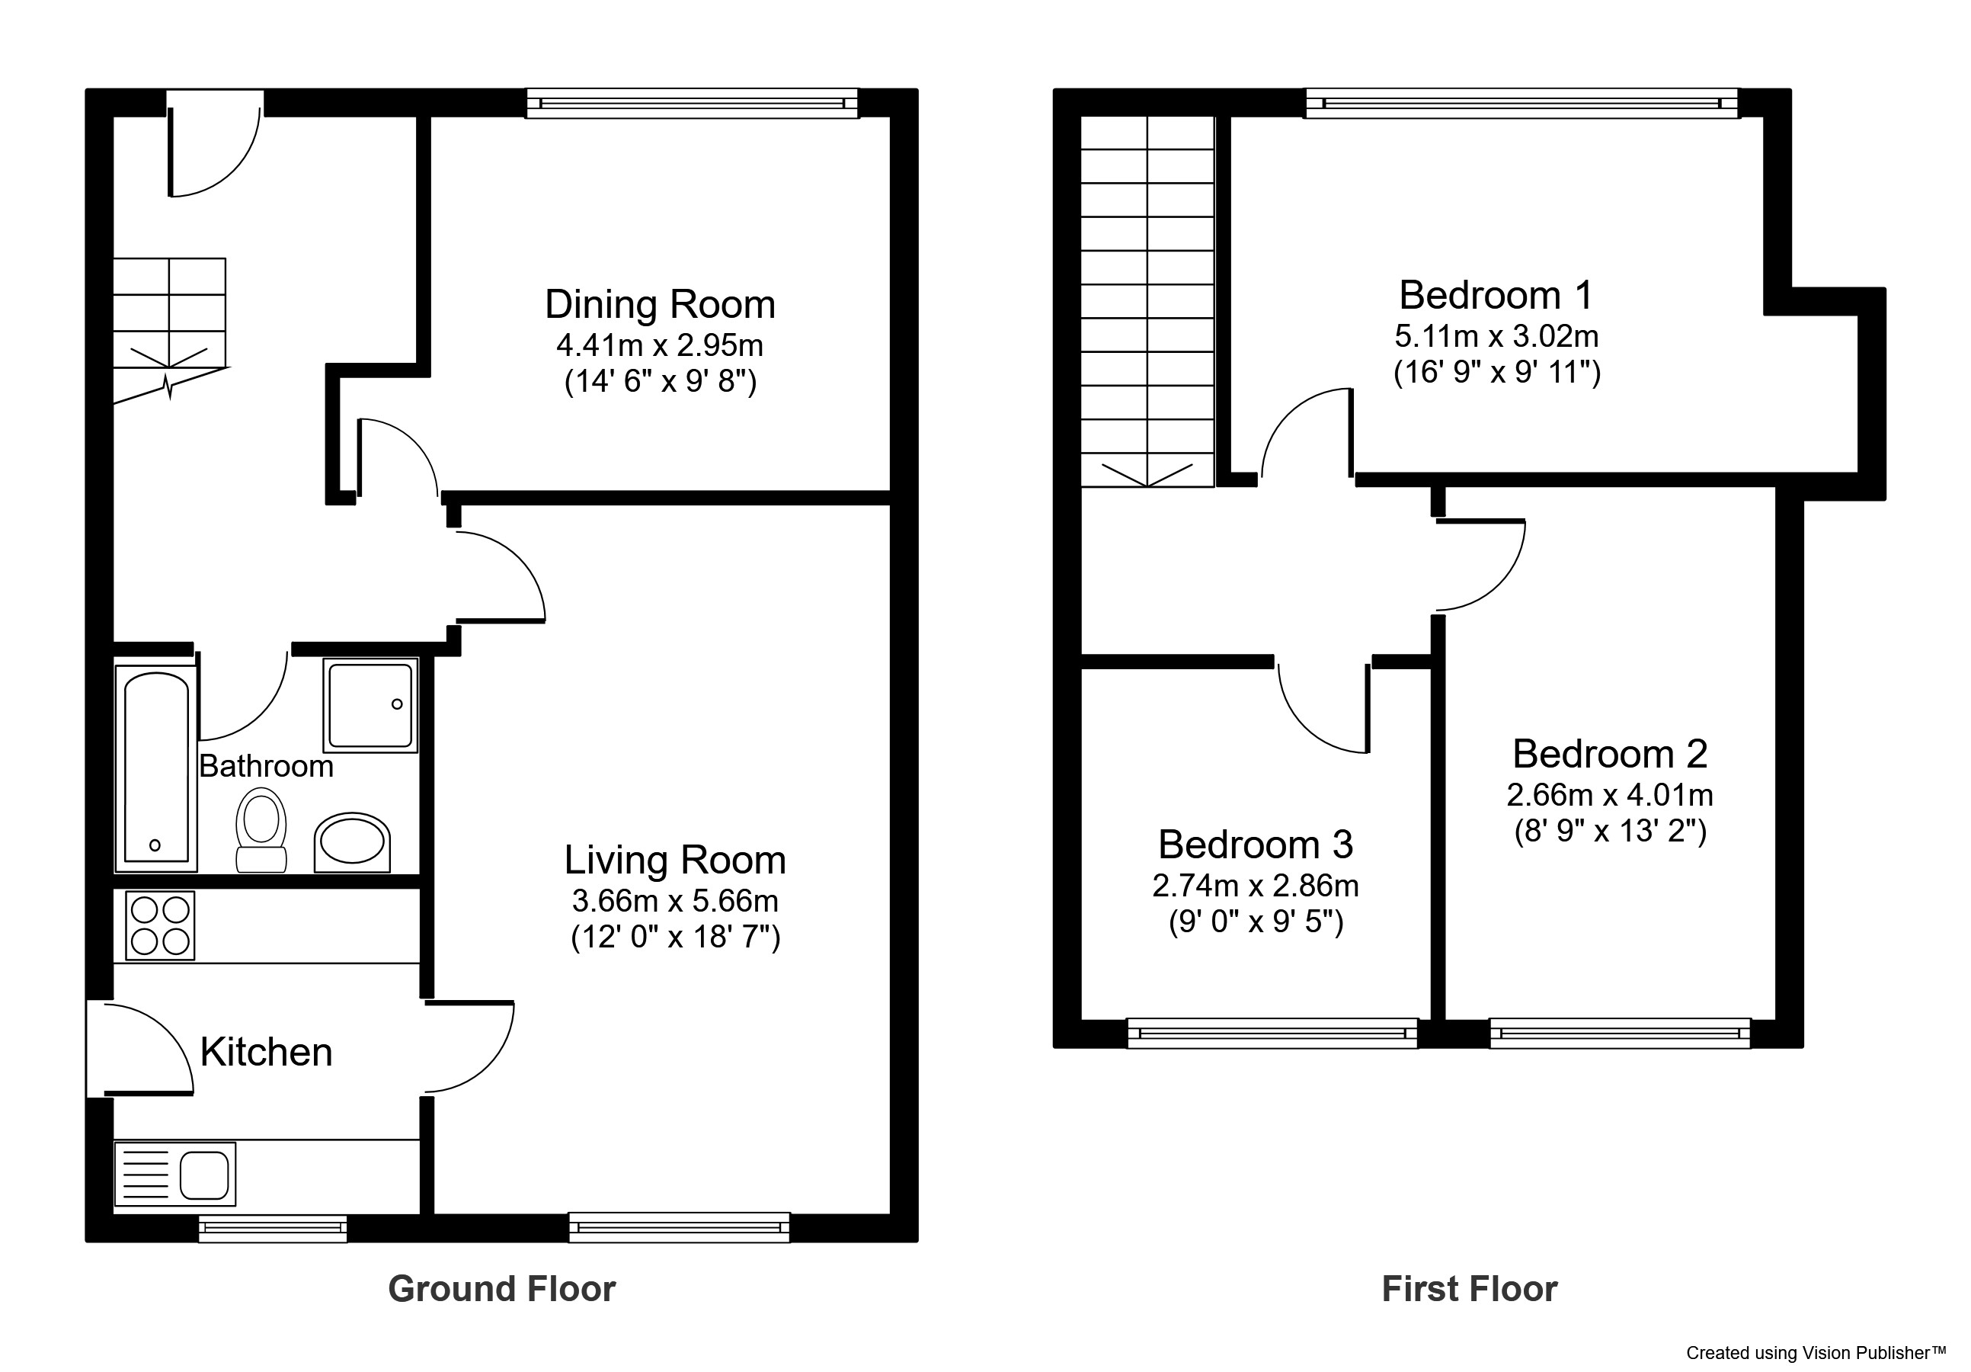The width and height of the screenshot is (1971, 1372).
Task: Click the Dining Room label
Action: point(659,305)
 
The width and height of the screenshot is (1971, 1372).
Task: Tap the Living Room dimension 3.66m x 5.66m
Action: point(675,901)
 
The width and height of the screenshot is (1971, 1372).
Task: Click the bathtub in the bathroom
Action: point(156,766)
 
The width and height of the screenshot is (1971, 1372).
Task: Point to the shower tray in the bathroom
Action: point(370,705)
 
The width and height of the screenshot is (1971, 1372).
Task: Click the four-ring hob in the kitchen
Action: point(160,925)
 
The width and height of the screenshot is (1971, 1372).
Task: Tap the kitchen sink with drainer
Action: point(175,1174)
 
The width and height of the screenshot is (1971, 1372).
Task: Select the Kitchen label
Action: point(266,1052)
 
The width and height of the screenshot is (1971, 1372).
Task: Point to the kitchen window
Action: point(273,1229)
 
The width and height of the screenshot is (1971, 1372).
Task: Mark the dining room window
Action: point(692,103)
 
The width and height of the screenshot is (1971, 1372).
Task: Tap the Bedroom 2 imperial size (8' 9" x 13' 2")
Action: point(1610,831)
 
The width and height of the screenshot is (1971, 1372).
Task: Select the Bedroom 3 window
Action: point(1272,1033)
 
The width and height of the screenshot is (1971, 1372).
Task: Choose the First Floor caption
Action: point(1469,1290)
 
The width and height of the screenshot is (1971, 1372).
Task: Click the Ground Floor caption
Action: point(501,1290)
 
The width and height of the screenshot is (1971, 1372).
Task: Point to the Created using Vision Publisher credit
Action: point(1816,1353)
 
